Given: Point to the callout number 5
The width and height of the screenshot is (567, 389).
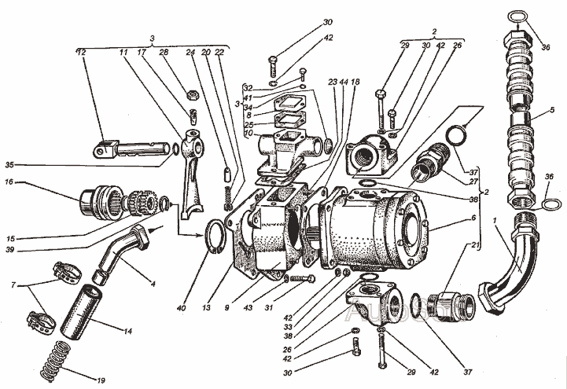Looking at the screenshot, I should (x=554, y=109).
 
